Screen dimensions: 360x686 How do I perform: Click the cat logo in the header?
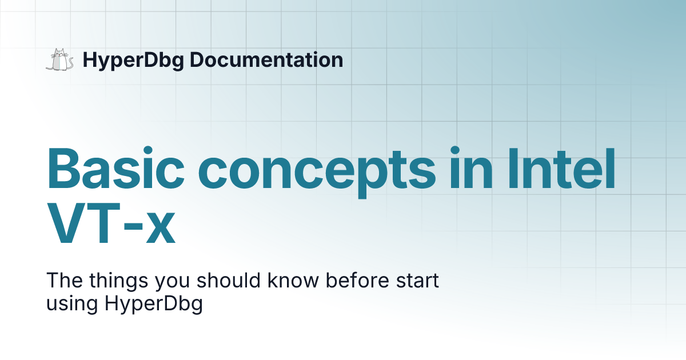pos(59,60)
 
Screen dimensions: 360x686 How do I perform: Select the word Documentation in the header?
pos(266,59)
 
